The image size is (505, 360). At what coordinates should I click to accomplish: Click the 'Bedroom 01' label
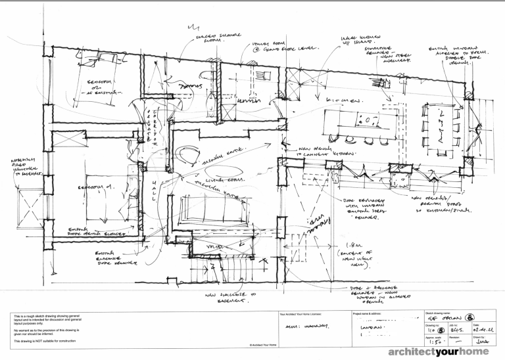96,187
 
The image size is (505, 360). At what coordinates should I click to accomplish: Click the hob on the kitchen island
368,120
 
